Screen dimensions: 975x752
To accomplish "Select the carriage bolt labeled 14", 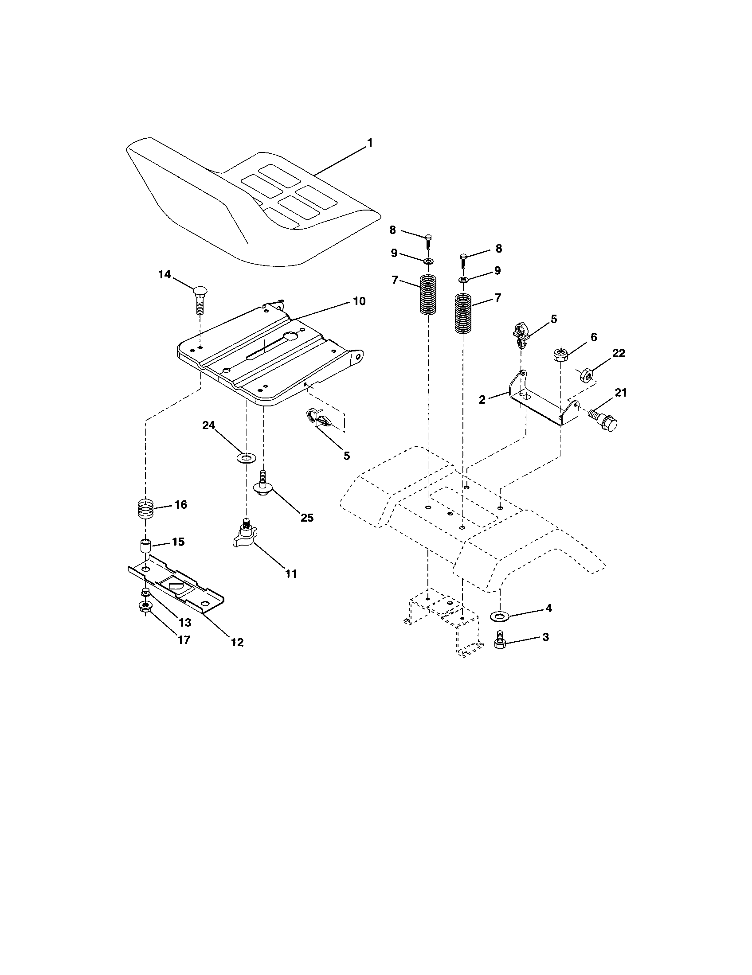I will (x=200, y=300).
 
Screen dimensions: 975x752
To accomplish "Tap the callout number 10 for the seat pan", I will (x=359, y=301).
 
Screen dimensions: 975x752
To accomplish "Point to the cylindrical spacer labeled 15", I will (x=145, y=546).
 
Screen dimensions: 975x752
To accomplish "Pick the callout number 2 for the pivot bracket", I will (x=482, y=400).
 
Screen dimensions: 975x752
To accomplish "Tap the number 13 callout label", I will (x=184, y=622).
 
